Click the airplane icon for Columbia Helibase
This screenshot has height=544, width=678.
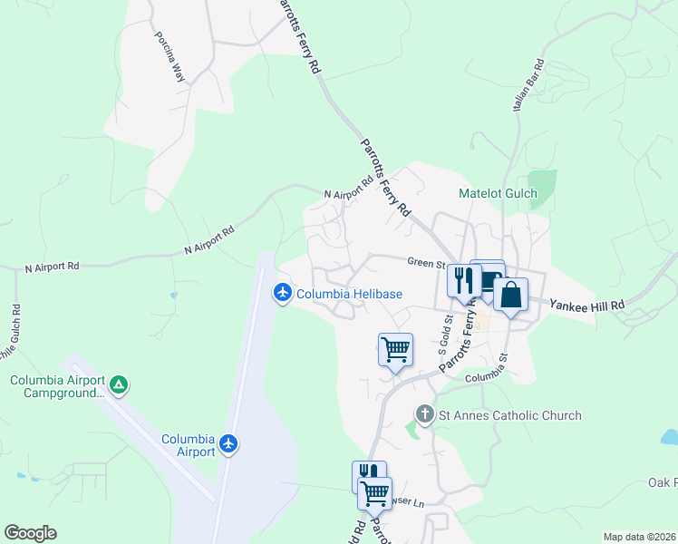pyautogui.click(x=283, y=293)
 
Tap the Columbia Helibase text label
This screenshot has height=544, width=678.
pyautogui.click(x=349, y=294)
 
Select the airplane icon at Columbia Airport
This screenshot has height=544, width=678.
pyautogui.click(x=228, y=445)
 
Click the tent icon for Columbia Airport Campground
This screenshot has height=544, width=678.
pyautogui.click(x=119, y=386)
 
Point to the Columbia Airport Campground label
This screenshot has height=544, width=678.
pyautogui.click(x=57, y=386)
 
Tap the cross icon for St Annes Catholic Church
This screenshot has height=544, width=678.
pyautogui.click(x=424, y=415)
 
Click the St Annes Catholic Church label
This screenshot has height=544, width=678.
pyautogui.click(x=509, y=415)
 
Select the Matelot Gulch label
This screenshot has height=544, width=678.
pyautogui.click(x=498, y=193)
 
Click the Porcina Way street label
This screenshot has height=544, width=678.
pyautogui.click(x=169, y=58)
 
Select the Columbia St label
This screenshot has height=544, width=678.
pyautogui.click(x=489, y=377)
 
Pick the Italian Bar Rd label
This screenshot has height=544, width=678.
pyautogui.click(x=527, y=85)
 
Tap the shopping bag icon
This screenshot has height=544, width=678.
pyautogui.click(x=510, y=295)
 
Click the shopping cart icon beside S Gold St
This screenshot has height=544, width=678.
pyautogui.click(x=395, y=349)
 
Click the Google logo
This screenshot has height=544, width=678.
pyautogui.click(x=30, y=533)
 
